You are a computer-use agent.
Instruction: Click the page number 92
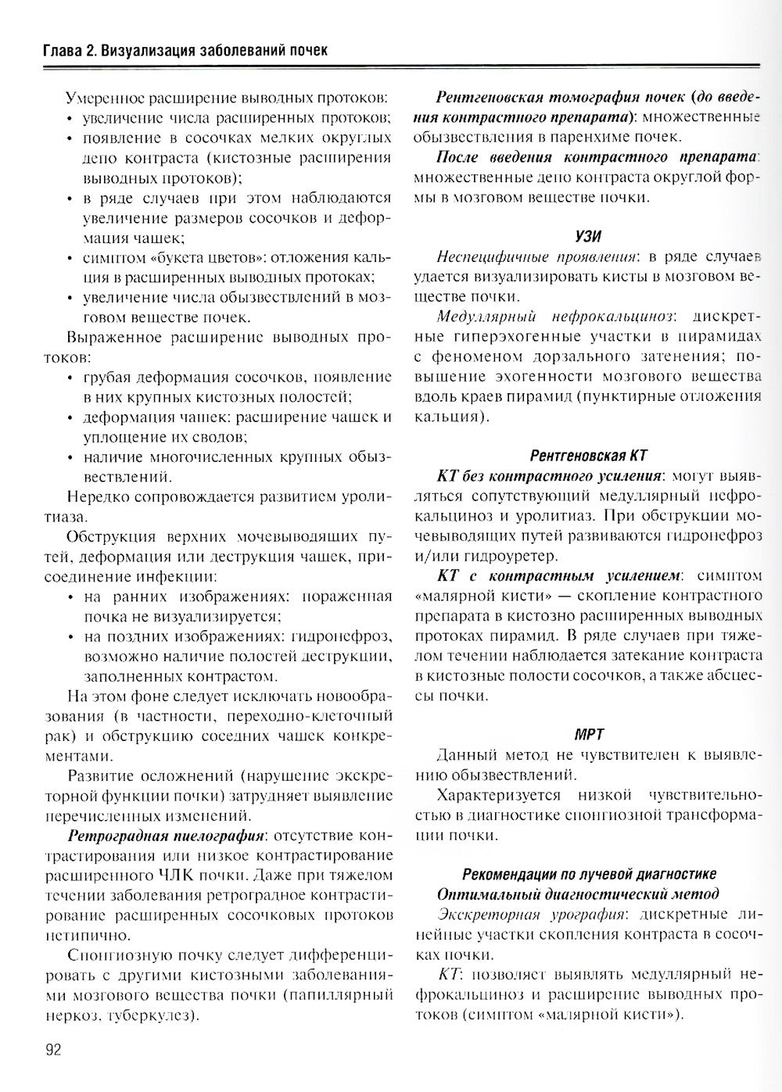(53, 1049)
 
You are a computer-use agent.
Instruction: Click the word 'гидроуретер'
(512, 557)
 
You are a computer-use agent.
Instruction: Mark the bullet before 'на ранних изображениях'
(71, 596)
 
